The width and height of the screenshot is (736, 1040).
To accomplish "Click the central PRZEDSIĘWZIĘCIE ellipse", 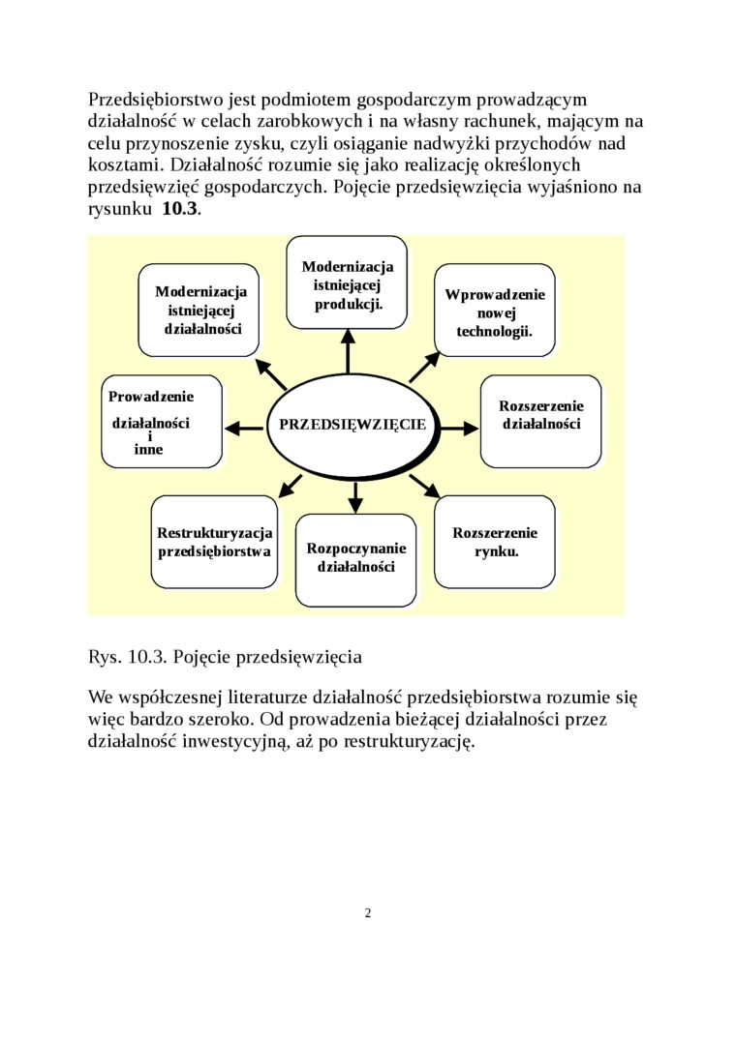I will point(353,425).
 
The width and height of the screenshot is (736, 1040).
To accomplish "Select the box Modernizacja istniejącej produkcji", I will point(347,282).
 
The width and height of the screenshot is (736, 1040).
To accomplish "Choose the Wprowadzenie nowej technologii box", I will point(494,312).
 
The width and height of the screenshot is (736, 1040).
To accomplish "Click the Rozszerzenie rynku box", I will point(495,542).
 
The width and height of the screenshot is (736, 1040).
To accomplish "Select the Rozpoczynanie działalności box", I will point(355,559).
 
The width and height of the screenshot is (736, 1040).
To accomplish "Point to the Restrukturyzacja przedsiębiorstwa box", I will point(214,542).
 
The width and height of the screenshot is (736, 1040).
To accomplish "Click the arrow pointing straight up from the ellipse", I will point(348,350).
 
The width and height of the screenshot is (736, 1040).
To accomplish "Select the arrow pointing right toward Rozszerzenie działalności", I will point(461,426).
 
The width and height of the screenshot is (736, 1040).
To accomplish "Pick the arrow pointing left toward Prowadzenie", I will point(244,426).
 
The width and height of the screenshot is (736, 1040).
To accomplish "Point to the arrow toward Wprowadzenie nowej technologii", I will point(424,367).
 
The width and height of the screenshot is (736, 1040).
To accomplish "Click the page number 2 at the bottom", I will point(368,913).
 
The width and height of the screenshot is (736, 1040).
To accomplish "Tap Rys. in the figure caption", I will point(104,657).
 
